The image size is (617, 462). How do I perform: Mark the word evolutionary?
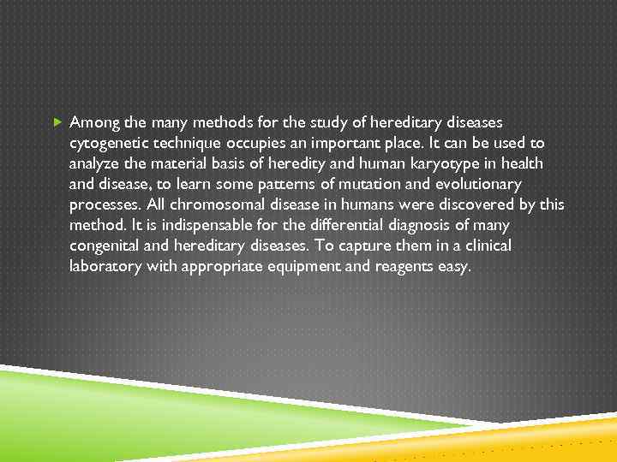coord(475,184)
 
